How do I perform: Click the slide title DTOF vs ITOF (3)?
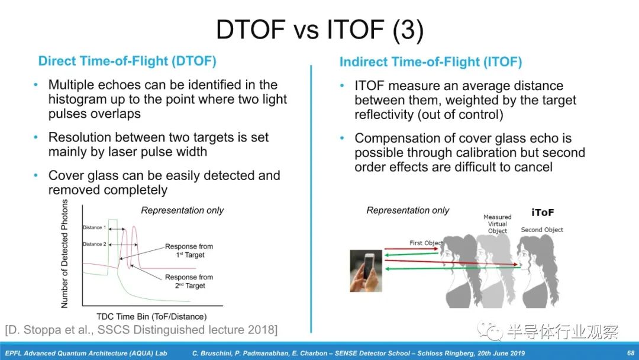tap(319, 30)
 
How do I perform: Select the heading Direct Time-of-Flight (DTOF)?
tap(127, 61)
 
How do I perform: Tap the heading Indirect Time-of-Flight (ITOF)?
tap(431, 62)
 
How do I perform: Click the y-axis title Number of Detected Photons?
tap(64, 253)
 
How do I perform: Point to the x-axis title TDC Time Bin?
tap(151, 316)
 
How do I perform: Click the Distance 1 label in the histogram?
tap(94, 227)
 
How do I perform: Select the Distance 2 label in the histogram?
tap(94, 244)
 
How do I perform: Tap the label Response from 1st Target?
tap(189, 250)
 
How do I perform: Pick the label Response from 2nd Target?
tap(189, 281)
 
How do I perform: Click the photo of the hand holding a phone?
tap(366, 271)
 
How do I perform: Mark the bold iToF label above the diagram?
tap(543, 213)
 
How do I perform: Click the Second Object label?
tap(542, 230)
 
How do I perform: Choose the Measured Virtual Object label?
tap(498, 224)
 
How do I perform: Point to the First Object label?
tap(426, 243)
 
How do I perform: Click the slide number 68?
tap(631, 353)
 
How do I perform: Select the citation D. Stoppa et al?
tap(141, 330)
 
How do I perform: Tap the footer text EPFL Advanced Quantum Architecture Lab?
tap(86, 353)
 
